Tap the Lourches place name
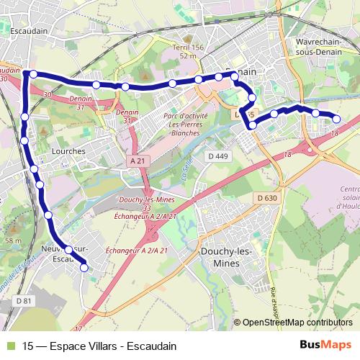coord(68,151)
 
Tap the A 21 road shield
coord(136,161)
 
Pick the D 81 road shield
coord(24,300)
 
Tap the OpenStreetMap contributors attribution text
coord(297,323)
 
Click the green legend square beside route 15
coord(10,346)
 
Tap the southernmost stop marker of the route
coord(84,267)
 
